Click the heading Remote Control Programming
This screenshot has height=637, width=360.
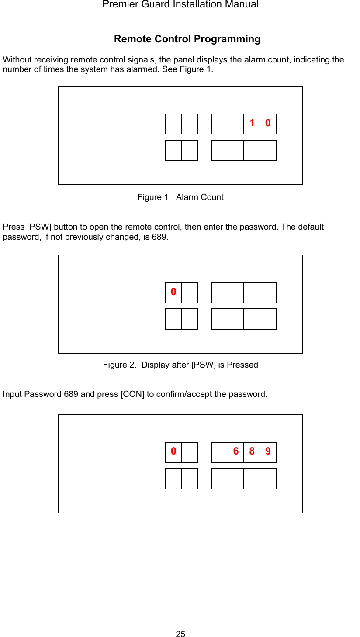(x=187, y=39)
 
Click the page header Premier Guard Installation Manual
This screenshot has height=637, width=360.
(x=180, y=4)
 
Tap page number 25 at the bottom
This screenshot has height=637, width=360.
(x=180, y=634)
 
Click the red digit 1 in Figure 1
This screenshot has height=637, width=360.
(x=252, y=123)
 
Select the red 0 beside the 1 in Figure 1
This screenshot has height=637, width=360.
(x=268, y=123)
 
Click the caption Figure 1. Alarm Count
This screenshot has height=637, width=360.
(x=180, y=197)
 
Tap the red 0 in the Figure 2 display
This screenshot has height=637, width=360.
(x=173, y=291)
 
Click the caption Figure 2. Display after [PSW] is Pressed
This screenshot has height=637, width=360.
(x=180, y=365)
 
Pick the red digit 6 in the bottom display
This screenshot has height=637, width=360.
(x=236, y=451)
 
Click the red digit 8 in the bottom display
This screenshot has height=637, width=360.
(x=252, y=451)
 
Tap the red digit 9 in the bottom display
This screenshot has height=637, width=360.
(x=268, y=451)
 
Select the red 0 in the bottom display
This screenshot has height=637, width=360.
(x=173, y=451)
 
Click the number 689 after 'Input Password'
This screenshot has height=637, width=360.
(x=71, y=394)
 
